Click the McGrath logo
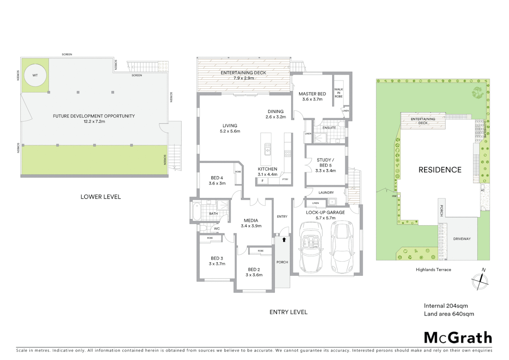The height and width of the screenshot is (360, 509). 458,338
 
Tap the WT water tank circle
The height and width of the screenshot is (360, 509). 35,75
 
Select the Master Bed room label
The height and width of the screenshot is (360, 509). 312,94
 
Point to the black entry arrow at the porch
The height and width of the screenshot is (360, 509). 284,239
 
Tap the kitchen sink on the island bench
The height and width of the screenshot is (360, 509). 267,149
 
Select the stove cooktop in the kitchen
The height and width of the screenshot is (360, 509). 287,154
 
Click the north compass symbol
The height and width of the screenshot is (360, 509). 480,281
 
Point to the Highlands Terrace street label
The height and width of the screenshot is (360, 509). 433,270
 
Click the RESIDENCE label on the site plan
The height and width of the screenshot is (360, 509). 440,170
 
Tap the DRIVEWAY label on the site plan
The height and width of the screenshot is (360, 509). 462,239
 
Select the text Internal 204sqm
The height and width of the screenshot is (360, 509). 446,306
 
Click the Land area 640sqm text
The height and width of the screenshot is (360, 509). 449,314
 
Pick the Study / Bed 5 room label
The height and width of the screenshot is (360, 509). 325,163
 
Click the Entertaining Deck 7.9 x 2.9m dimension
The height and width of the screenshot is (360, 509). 244,78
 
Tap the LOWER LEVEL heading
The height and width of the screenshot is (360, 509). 101,197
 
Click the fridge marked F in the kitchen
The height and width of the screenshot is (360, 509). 262,181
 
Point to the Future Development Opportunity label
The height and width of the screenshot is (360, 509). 94,116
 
